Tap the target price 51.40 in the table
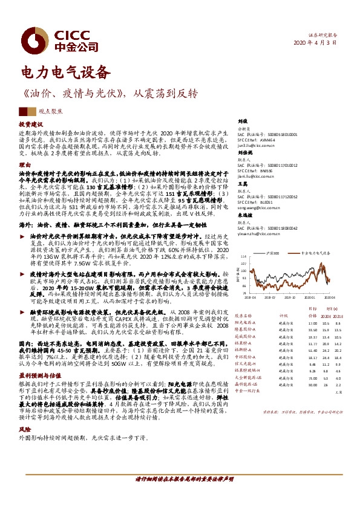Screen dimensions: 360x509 (x=295, y=349)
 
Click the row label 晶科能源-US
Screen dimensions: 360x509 (x=246, y=385)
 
